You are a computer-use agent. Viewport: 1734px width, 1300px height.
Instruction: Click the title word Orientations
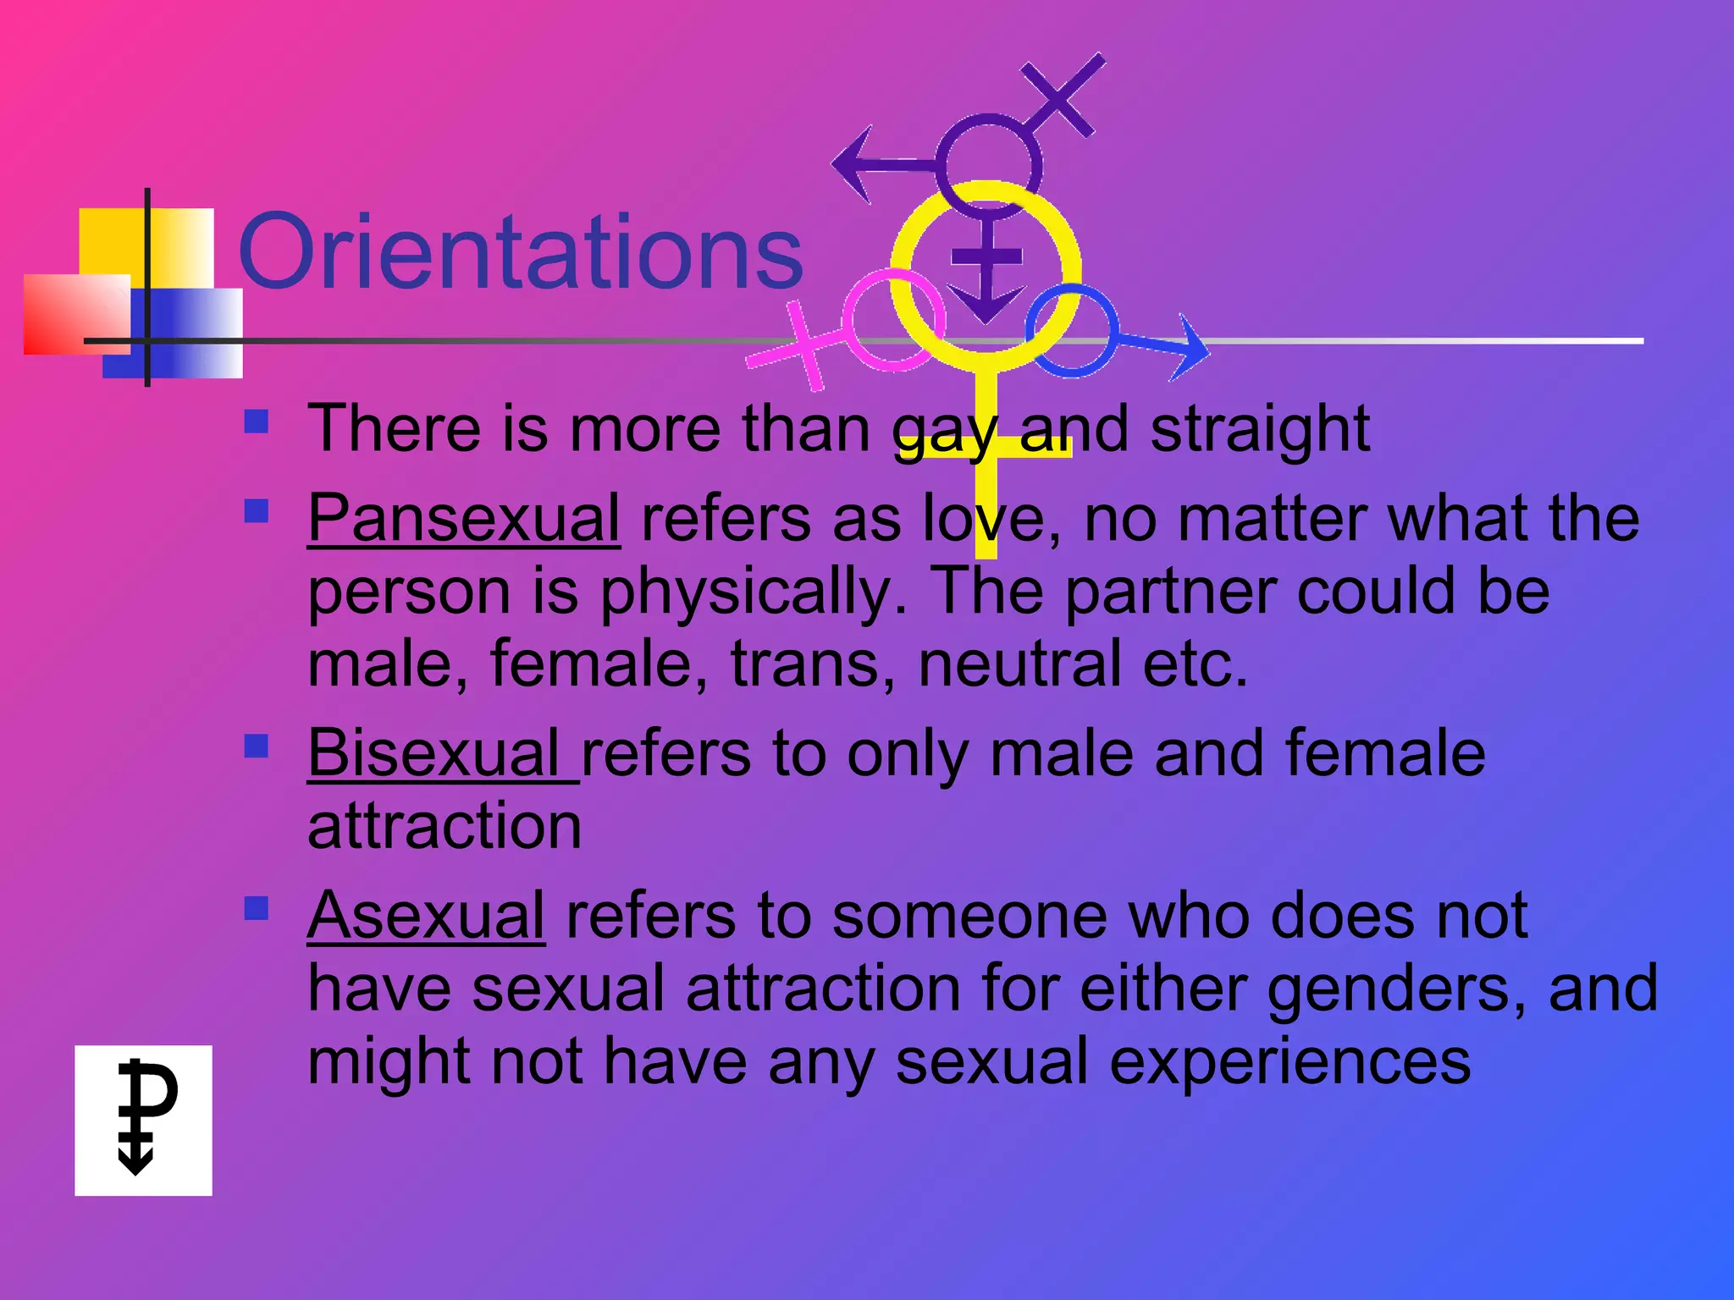[520, 252]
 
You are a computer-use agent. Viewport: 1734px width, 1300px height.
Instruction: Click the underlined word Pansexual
[463, 517]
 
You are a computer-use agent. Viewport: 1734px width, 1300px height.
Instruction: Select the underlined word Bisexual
[433, 752]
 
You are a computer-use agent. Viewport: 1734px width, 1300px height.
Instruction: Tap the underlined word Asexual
[426, 915]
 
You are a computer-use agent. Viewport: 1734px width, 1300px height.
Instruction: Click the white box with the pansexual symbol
[143, 1120]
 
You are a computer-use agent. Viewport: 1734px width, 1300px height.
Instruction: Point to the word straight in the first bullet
[1260, 429]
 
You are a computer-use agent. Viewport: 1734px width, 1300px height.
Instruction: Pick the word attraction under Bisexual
[445, 825]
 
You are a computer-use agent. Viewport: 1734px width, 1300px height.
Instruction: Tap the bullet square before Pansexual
[256, 511]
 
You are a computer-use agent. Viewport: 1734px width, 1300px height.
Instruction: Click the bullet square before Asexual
[256, 908]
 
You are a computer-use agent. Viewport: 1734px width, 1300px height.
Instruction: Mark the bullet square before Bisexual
[256, 746]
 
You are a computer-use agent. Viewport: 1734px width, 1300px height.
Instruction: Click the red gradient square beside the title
[76, 314]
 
